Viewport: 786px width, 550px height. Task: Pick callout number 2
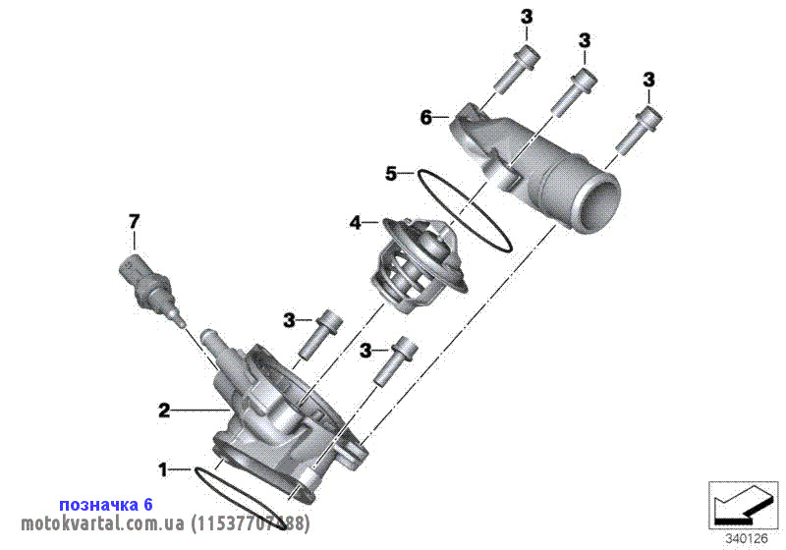coord(164,409)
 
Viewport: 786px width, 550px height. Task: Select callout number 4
coord(356,223)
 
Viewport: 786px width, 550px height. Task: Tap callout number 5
coord(391,174)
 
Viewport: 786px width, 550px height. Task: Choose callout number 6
coord(425,118)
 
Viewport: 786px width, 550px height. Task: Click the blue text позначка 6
coord(106,504)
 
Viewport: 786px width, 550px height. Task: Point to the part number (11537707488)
coord(250,523)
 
